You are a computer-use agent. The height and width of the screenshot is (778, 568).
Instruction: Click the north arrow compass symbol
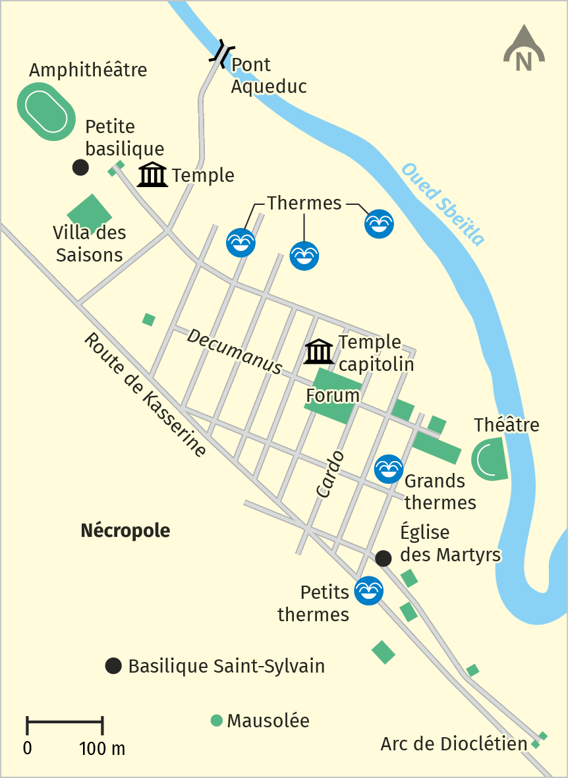524,50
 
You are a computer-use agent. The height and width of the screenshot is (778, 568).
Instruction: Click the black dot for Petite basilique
80,167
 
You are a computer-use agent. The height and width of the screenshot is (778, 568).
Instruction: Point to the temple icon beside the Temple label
153,175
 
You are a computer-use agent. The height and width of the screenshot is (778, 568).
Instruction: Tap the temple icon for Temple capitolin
319,352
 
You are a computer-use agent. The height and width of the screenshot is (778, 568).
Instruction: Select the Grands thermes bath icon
388,468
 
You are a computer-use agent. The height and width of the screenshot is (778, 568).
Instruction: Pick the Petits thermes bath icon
368,590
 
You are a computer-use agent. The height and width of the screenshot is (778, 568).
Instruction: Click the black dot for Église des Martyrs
383,559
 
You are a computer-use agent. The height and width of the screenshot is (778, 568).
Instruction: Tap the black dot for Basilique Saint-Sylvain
114,666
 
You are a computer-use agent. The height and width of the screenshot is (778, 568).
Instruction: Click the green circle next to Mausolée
216,721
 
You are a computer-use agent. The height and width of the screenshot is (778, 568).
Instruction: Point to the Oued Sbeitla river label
443,204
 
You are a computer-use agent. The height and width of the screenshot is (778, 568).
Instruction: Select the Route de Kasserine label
144,395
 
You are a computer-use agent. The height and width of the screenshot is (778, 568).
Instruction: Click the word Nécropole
125,530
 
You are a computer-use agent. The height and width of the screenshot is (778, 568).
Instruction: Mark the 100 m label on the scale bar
102,749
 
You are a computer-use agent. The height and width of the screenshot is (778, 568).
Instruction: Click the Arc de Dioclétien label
454,744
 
